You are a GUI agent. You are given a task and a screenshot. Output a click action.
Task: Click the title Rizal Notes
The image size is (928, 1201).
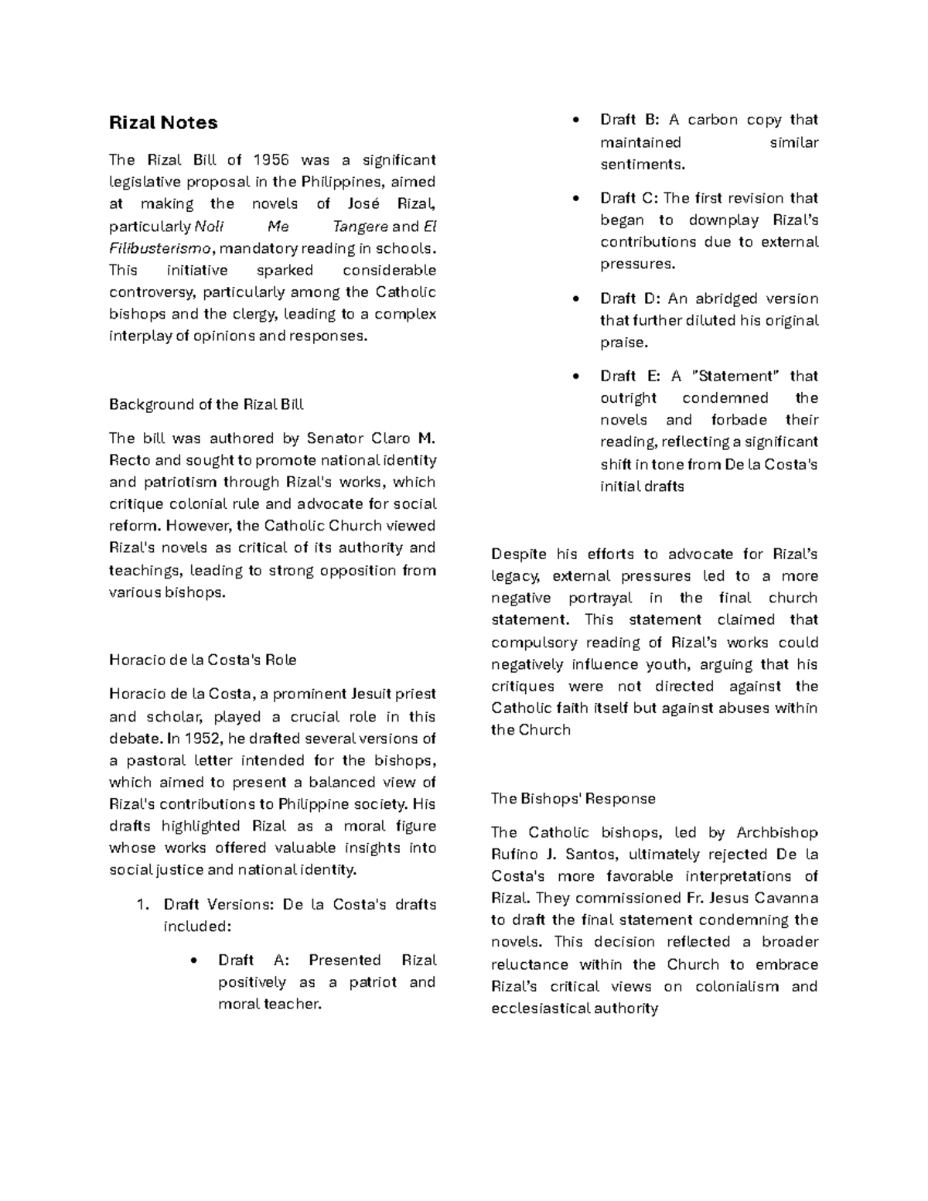click(163, 123)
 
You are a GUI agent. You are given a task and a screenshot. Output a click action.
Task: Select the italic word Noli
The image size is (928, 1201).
click(210, 227)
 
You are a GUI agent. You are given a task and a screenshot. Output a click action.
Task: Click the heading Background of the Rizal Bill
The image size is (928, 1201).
click(206, 404)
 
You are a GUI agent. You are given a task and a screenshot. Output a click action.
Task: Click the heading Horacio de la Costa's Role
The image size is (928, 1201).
click(203, 660)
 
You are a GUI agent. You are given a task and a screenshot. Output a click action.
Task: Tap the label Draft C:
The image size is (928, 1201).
click(629, 198)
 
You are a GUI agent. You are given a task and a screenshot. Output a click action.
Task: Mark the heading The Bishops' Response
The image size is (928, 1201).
click(573, 799)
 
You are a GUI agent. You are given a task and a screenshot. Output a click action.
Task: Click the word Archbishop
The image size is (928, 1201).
click(776, 833)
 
